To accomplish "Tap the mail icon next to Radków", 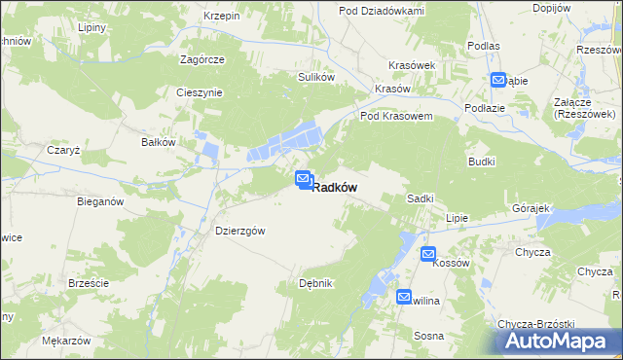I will pyautogui.click(x=303, y=179).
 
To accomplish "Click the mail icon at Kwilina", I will pyautogui.click(x=404, y=297).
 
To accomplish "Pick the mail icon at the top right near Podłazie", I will pyautogui.click(x=498, y=80).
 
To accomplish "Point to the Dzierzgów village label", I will pyautogui.click(x=240, y=231).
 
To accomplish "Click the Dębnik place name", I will pyautogui.click(x=317, y=283).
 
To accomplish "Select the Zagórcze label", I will pyautogui.click(x=202, y=58).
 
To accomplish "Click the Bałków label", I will pyautogui.click(x=159, y=142).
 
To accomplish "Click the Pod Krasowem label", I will pyautogui.click(x=396, y=115).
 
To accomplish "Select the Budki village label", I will pyautogui.click(x=482, y=162).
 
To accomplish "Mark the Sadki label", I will pyautogui.click(x=420, y=198).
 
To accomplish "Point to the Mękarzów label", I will pyautogui.click(x=66, y=342).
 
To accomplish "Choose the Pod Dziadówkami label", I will pyautogui.click(x=382, y=10).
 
